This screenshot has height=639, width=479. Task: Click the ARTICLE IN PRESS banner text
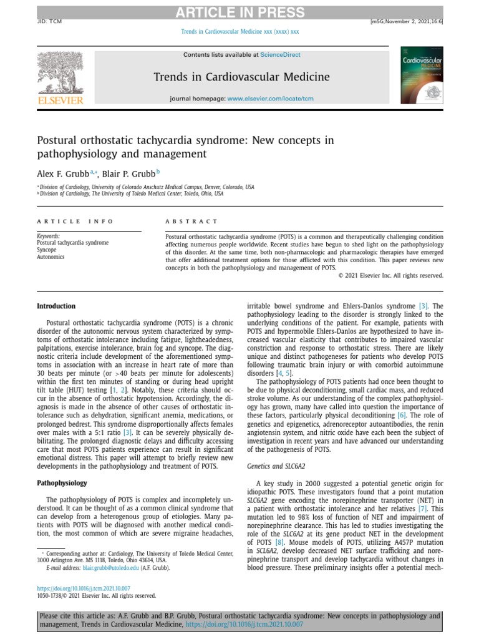tap(239, 12)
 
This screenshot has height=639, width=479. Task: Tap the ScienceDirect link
tap(280, 55)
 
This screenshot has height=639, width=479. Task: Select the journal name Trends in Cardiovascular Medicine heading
tap(241, 77)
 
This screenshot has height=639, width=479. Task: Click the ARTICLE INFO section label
tap(75, 222)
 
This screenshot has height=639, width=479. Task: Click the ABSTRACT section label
tap(191, 222)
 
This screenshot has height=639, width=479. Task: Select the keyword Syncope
tap(47, 250)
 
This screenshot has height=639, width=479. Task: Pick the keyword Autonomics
tap(51, 256)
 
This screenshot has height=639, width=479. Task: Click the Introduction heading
tap(56, 306)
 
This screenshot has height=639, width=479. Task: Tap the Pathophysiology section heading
tap(62, 483)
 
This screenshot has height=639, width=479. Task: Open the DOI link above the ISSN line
tap(84, 588)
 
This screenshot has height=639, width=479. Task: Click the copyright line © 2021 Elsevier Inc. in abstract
tap(390, 275)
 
